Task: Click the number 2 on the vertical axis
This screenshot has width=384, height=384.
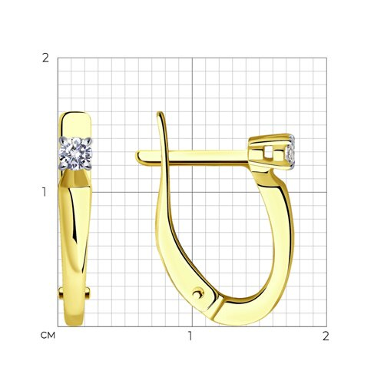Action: coord(45,58)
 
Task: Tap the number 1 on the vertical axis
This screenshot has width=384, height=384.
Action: coord(45,192)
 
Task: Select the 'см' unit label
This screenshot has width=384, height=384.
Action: coord(48,336)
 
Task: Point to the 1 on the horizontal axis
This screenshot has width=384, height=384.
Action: coord(190,336)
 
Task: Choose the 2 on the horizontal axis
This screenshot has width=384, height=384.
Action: coord(326,336)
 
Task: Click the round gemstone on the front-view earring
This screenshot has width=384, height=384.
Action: coord(75,154)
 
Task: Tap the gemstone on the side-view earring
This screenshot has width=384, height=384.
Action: coord(291,153)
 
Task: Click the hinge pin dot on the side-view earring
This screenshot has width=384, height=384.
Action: coord(198,293)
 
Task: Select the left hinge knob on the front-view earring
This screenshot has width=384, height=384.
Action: coord(61,293)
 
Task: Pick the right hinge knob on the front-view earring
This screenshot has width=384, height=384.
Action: coord(88,292)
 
